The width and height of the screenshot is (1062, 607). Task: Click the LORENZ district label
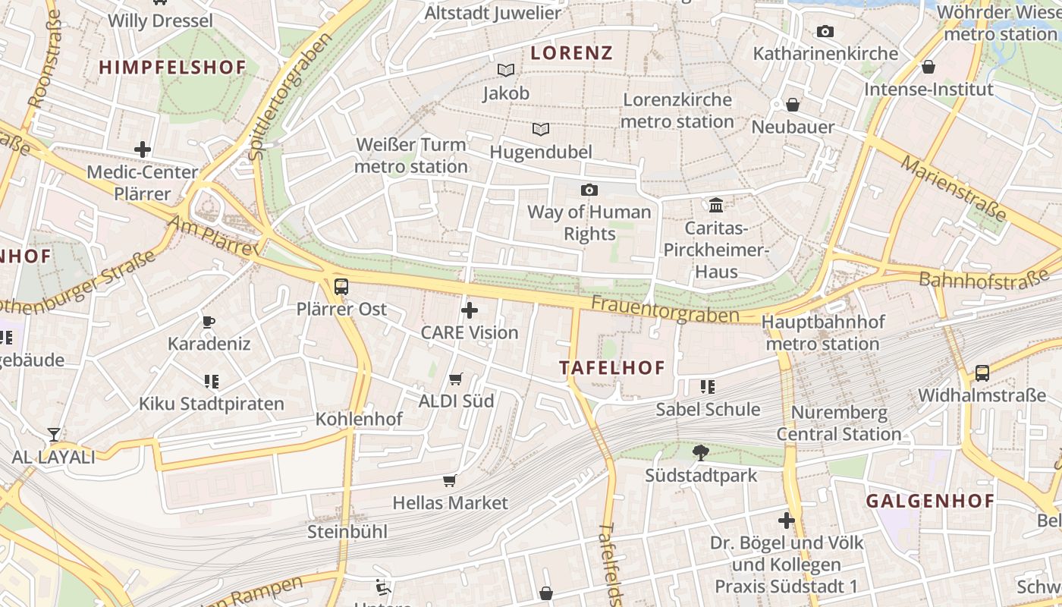point(571,52)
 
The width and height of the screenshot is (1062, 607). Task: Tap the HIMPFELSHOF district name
point(173,67)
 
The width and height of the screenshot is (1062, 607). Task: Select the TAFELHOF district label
point(611,368)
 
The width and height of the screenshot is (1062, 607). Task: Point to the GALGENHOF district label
point(930,501)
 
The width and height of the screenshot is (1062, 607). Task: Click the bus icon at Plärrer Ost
point(341,286)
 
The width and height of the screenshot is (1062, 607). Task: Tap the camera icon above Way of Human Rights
point(589,190)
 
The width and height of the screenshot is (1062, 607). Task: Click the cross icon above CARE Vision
point(470,310)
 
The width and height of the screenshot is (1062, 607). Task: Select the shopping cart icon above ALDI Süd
point(456,379)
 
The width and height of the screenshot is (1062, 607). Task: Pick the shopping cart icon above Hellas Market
point(450,480)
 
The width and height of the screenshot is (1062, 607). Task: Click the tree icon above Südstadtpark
point(701,453)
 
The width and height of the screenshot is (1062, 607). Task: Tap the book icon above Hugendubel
point(540,129)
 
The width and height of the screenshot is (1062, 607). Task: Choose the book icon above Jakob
point(506,71)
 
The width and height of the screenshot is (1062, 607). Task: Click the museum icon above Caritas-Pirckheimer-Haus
point(715,205)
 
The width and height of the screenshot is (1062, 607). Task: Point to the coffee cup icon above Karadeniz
point(209,322)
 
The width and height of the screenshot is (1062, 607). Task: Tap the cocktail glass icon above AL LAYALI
point(54,435)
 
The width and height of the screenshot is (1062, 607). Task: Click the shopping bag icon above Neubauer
point(793,105)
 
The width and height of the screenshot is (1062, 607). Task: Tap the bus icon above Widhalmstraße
point(982,373)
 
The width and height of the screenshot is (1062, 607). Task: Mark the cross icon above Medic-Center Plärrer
point(143,149)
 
